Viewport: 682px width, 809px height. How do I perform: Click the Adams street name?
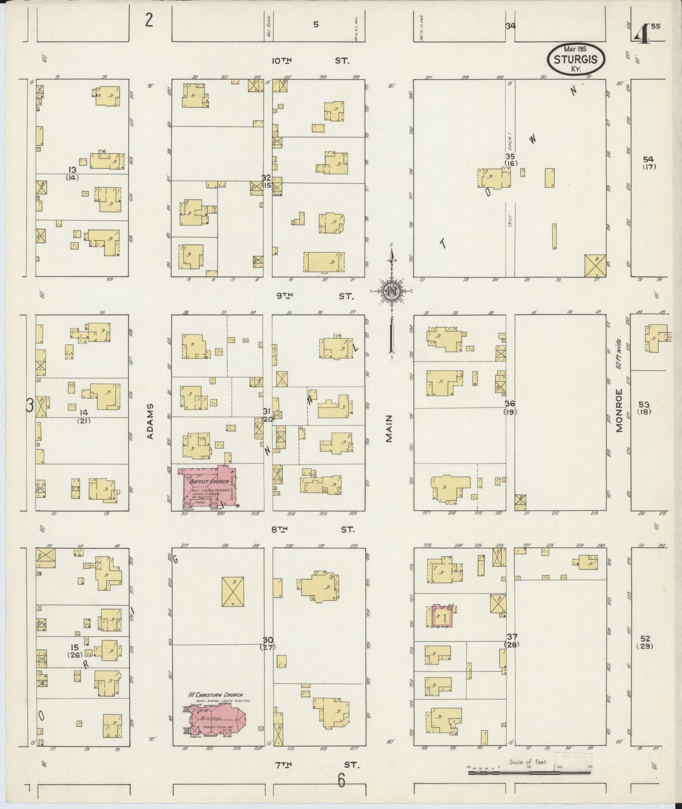[151, 421]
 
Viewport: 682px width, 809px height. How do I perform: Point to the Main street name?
[389, 429]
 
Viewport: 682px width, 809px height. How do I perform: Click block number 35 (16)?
[510, 160]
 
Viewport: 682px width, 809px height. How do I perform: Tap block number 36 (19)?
[510, 407]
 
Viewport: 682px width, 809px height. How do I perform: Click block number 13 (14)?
[72, 173]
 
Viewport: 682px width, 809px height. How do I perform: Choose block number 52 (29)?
[644, 642]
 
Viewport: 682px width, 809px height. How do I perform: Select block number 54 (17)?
[649, 162]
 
